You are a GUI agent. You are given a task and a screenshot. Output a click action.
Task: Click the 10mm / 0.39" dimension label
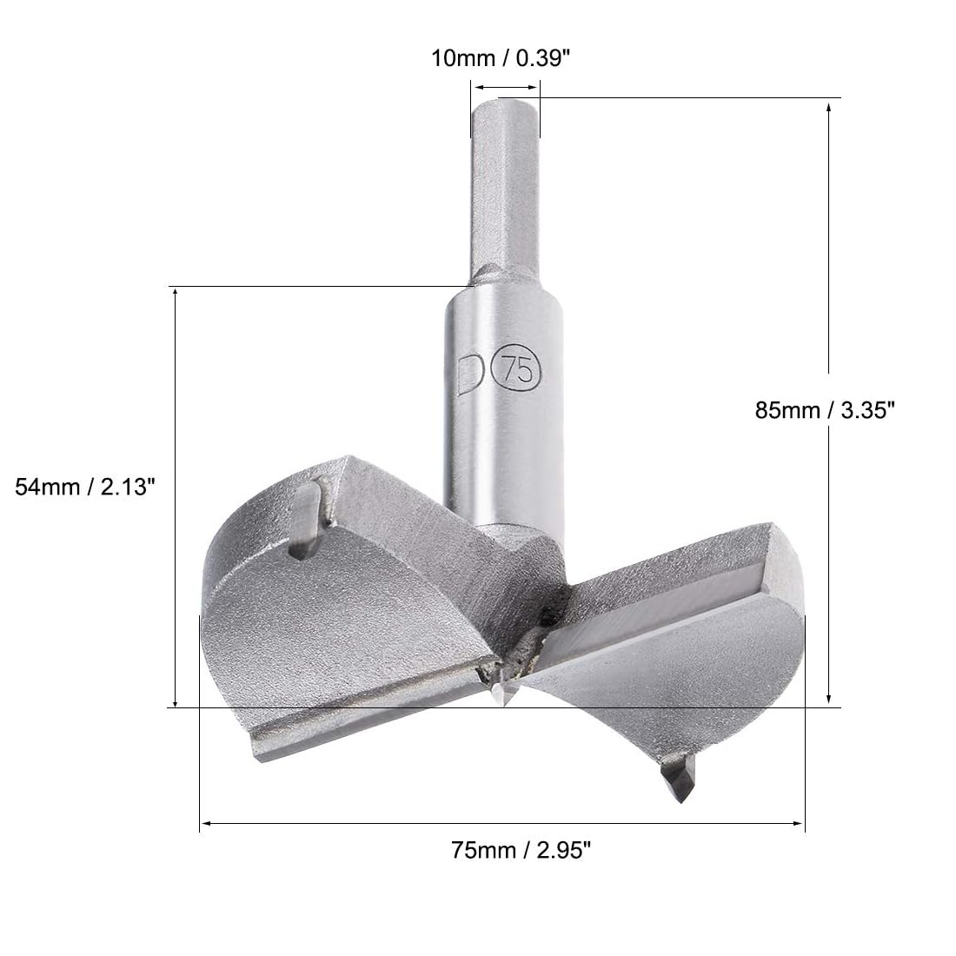click(501, 58)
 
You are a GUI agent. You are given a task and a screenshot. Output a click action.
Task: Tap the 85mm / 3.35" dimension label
click(825, 409)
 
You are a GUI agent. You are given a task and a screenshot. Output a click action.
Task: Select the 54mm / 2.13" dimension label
click(85, 487)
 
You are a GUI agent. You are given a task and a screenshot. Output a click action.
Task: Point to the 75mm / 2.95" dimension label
click(521, 849)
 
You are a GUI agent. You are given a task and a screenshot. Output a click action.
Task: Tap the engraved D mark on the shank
click(470, 373)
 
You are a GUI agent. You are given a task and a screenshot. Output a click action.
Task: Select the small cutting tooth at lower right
click(678, 778)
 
